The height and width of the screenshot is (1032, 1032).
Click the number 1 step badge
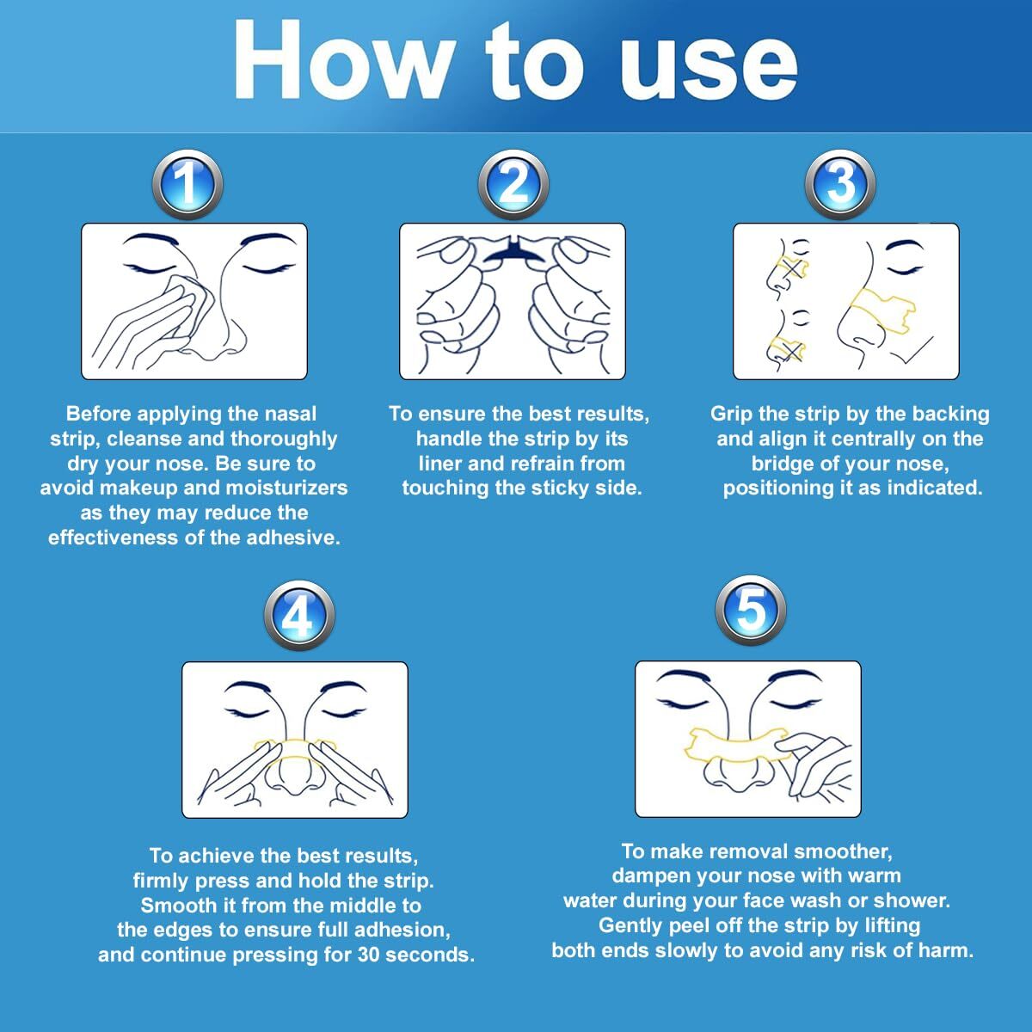(x=187, y=185)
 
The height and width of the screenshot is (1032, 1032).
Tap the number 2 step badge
(x=513, y=185)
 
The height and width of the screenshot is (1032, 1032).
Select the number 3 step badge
(x=839, y=185)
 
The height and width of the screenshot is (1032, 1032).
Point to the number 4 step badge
(x=298, y=616)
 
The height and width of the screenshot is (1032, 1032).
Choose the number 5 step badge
(x=751, y=611)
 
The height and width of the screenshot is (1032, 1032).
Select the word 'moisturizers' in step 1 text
(x=286, y=488)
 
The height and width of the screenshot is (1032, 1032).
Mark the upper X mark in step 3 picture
(x=795, y=267)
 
